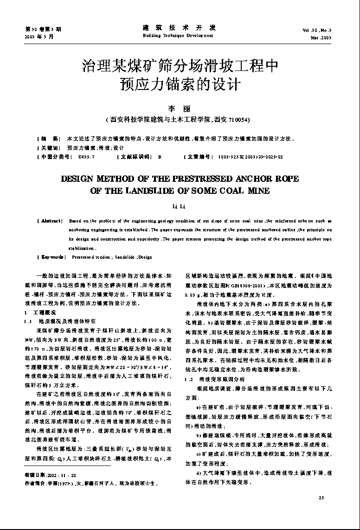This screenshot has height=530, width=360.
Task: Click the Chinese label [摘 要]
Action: click(49, 139)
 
